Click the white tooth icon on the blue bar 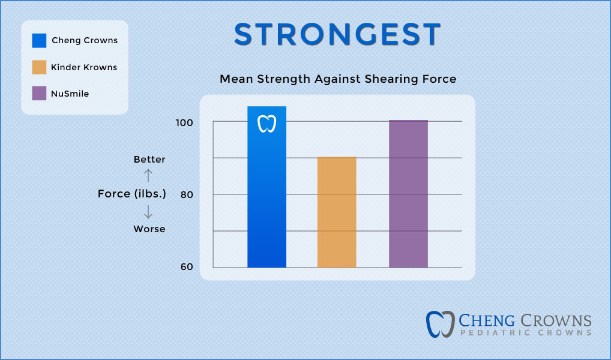coord(266,124)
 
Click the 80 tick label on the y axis coord(186,195)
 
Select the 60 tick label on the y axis coord(186,267)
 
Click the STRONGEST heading coord(337,35)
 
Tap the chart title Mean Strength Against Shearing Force coord(337,79)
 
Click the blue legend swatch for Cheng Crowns coord(39,41)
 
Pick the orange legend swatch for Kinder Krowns coord(39,67)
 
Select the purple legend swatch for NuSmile coord(39,94)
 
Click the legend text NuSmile coord(70,94)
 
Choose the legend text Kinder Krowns coord(84,67)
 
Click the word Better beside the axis coord(149,160)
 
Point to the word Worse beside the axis coord(149,229)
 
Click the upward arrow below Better coord(149,175)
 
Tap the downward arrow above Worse coord(149,212)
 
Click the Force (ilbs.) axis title coord(132,194)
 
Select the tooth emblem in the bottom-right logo coord(440,324)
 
